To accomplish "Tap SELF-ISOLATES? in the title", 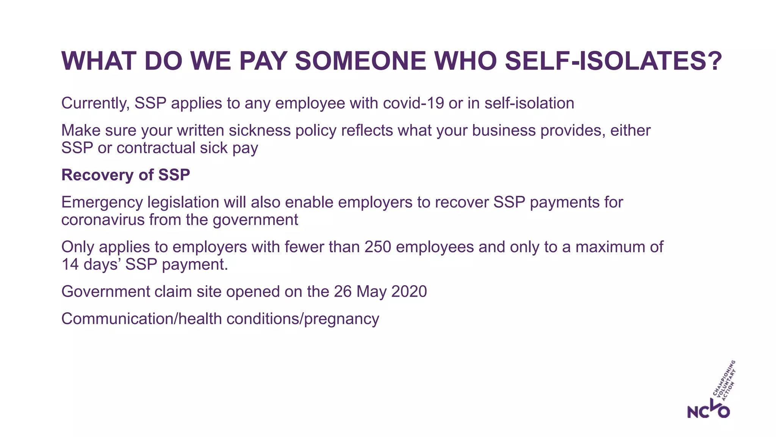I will (x=613, y=61).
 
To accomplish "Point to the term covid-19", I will (x=413, y=103).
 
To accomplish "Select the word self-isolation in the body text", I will (x=529, y=103).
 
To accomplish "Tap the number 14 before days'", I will (x=70, y=264).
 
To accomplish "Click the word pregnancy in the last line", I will (x=341, y=319).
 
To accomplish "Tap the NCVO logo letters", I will (x=708, y=410).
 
